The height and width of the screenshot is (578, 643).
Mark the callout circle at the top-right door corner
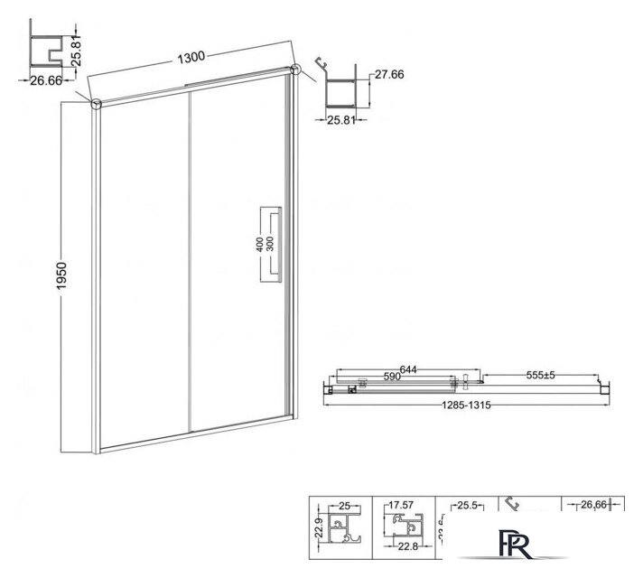(x=295, y=69)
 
